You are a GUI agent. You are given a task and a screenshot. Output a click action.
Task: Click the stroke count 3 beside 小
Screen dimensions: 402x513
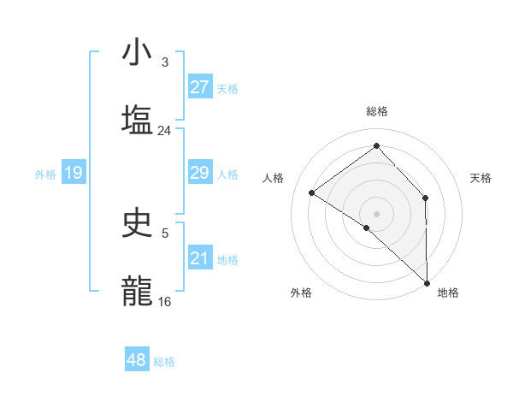164,62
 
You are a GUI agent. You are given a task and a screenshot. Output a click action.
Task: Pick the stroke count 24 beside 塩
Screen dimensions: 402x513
164,131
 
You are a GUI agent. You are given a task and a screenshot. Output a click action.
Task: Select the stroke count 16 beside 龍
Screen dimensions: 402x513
164,302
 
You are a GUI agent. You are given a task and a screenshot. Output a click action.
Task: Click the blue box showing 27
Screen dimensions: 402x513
200,87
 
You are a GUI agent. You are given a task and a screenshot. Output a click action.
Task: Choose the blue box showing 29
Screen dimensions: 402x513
200,173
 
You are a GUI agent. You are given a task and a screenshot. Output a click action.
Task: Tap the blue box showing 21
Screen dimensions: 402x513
200,258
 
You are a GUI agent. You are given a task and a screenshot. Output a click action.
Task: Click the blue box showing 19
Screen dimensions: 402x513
74,173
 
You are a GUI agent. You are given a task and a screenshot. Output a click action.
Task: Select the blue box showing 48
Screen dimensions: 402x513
137,360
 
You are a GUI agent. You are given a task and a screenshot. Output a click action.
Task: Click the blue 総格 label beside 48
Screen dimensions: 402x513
164,362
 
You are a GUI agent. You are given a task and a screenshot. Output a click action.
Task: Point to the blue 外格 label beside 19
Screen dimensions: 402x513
45,174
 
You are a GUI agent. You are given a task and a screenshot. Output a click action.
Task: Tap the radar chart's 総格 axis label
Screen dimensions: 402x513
376,111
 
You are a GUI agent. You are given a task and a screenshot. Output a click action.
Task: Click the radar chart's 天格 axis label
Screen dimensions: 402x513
481,178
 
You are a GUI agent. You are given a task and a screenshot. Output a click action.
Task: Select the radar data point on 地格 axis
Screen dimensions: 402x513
427,282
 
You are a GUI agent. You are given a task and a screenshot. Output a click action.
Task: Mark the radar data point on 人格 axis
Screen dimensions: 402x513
312,192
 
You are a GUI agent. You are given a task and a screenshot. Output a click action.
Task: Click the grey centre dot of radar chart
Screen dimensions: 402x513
376,212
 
